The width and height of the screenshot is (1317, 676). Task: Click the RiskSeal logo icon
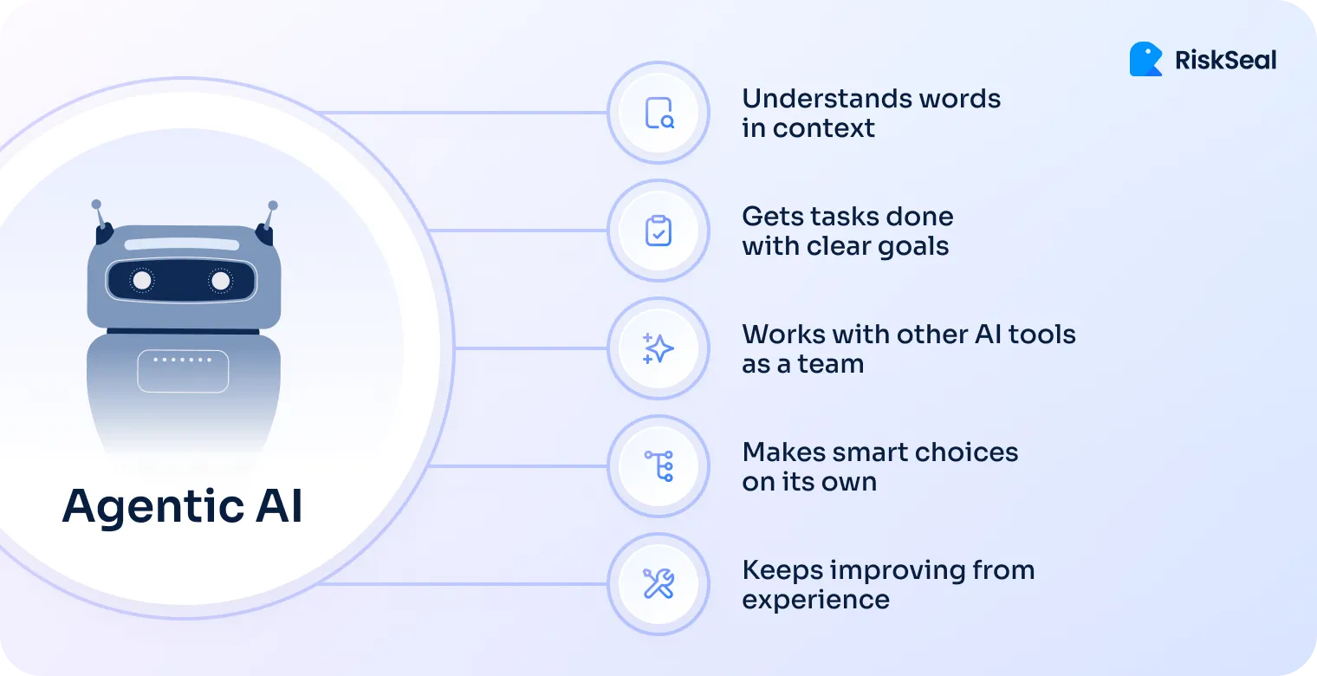pyautogui.click(x=1145, y=59)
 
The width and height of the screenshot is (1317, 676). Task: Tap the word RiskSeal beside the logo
pyautogui.click(x=1225, y=60)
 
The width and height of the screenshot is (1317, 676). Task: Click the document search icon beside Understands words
pyautogui.click(x=658, y=113)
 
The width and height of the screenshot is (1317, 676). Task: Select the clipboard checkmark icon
pyautogui.click(x=658, y=231)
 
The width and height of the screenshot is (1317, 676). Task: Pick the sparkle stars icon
pyautogui.click(x=658, y=348)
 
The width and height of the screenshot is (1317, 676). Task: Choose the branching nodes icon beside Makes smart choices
pyautogui.click(x=658, y=466)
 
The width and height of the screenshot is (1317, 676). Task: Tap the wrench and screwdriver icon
pyautogui.click(x=658, y=584)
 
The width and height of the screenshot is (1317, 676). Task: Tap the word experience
pyautogui.click(x=815, y=600)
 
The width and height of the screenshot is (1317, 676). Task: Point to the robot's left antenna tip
pyautogui.click(x=96, y=205)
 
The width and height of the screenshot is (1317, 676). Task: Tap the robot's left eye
pyautogui.click(x=142, y=280)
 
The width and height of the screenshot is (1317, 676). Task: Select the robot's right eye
pyautogui.click(x=221, y=280)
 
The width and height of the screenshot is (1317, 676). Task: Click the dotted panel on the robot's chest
pyautogui.click(x=183, y=371)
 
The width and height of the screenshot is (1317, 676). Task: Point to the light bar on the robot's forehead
pyautogui.click(x=182, y=244)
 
